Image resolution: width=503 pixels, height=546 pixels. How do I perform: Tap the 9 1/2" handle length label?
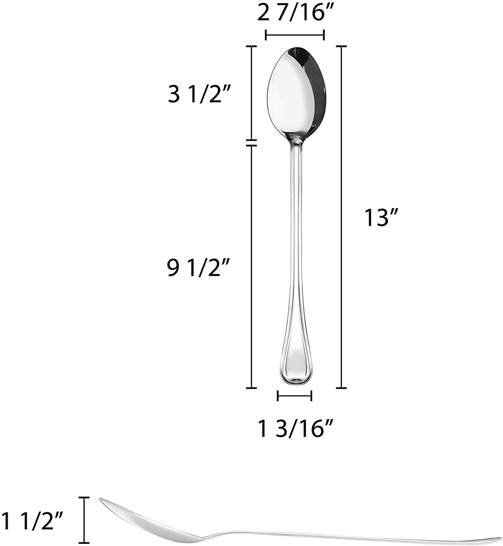tap(198, 268)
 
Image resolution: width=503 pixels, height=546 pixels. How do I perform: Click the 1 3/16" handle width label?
tap(295, 428)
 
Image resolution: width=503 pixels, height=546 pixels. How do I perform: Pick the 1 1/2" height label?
tap(33, 520)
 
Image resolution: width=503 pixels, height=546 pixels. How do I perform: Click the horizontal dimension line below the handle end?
tap(295, 396)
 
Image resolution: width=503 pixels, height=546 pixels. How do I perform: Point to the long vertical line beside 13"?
tap(341, 218)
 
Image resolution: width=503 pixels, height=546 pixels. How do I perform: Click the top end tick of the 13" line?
tap(341, 46)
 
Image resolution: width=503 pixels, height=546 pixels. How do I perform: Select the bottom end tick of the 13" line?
tap(341, 388)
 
